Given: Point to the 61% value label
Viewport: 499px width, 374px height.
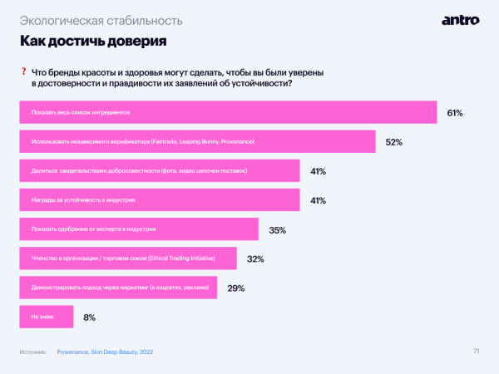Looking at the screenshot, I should tap(454, 112).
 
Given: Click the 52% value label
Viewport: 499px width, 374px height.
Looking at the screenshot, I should tap(393, 142).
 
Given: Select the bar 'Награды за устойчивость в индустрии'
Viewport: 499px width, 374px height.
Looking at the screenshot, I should tap(159, 200).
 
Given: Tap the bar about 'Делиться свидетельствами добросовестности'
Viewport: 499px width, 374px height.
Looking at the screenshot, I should tap(159, 171).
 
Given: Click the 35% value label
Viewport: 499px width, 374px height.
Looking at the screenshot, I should tap(278, 229).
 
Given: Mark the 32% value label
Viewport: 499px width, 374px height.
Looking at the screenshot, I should tap(255, 259).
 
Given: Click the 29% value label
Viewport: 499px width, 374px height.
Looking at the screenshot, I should tap(235, 288).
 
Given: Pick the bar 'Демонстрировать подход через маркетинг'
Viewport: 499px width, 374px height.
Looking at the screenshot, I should tap(117, 288).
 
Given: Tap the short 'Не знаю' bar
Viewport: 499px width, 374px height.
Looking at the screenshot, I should tap(46, 317).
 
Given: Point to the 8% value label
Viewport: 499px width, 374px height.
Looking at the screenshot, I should tap(90, 317).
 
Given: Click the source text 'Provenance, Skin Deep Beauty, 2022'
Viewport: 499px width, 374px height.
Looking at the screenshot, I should tap(105, 352).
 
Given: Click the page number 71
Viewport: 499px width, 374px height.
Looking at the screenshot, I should tap(476, 351).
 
